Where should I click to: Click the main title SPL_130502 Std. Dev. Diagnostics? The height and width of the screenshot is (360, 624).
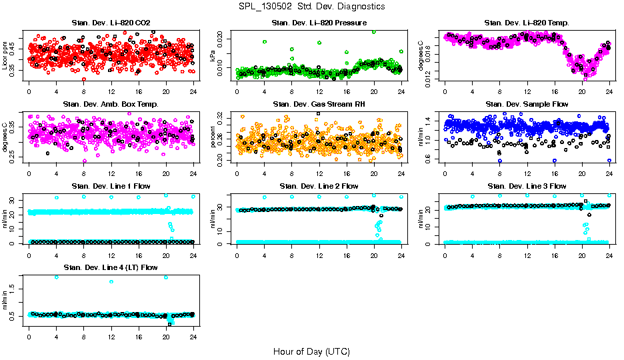coord(311,7)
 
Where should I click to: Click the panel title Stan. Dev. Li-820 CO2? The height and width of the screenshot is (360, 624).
coord(111,23)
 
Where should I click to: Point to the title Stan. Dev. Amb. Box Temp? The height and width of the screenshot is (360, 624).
coord(111,104)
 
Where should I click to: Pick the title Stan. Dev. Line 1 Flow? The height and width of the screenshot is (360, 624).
coord(111,186)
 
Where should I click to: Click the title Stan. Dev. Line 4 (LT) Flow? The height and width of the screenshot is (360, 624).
coord(111,267)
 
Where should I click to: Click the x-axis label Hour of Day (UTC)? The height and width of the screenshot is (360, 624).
coord(311,351)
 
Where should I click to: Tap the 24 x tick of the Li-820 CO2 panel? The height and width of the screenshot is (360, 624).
coord(193,91)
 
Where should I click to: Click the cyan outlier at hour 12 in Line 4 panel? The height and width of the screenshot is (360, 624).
coord(111,281)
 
